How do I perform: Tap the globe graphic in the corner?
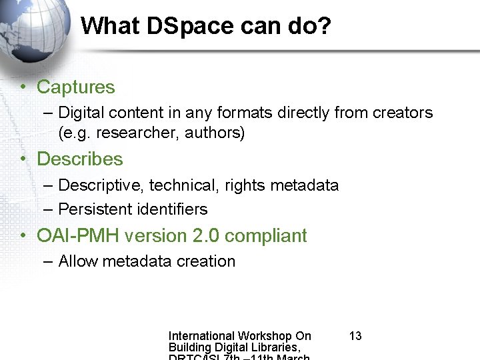point(33,30)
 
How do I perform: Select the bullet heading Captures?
point(76,87)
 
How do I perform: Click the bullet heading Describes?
point(80,159)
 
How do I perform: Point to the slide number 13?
point(355,336)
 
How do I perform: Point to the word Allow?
point(77,261)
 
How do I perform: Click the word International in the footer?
point(202,336)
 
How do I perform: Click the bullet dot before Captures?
point(23,87)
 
